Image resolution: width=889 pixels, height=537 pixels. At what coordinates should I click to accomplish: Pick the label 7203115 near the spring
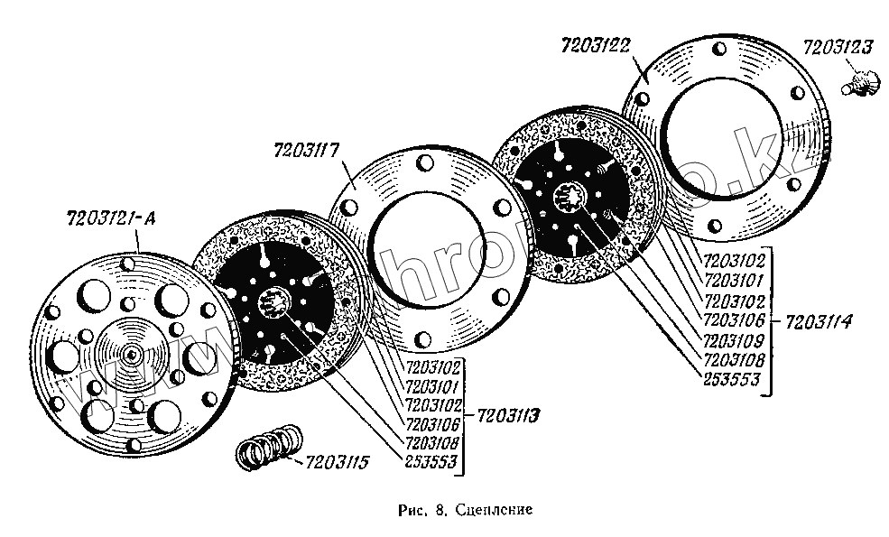click(338, 464)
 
